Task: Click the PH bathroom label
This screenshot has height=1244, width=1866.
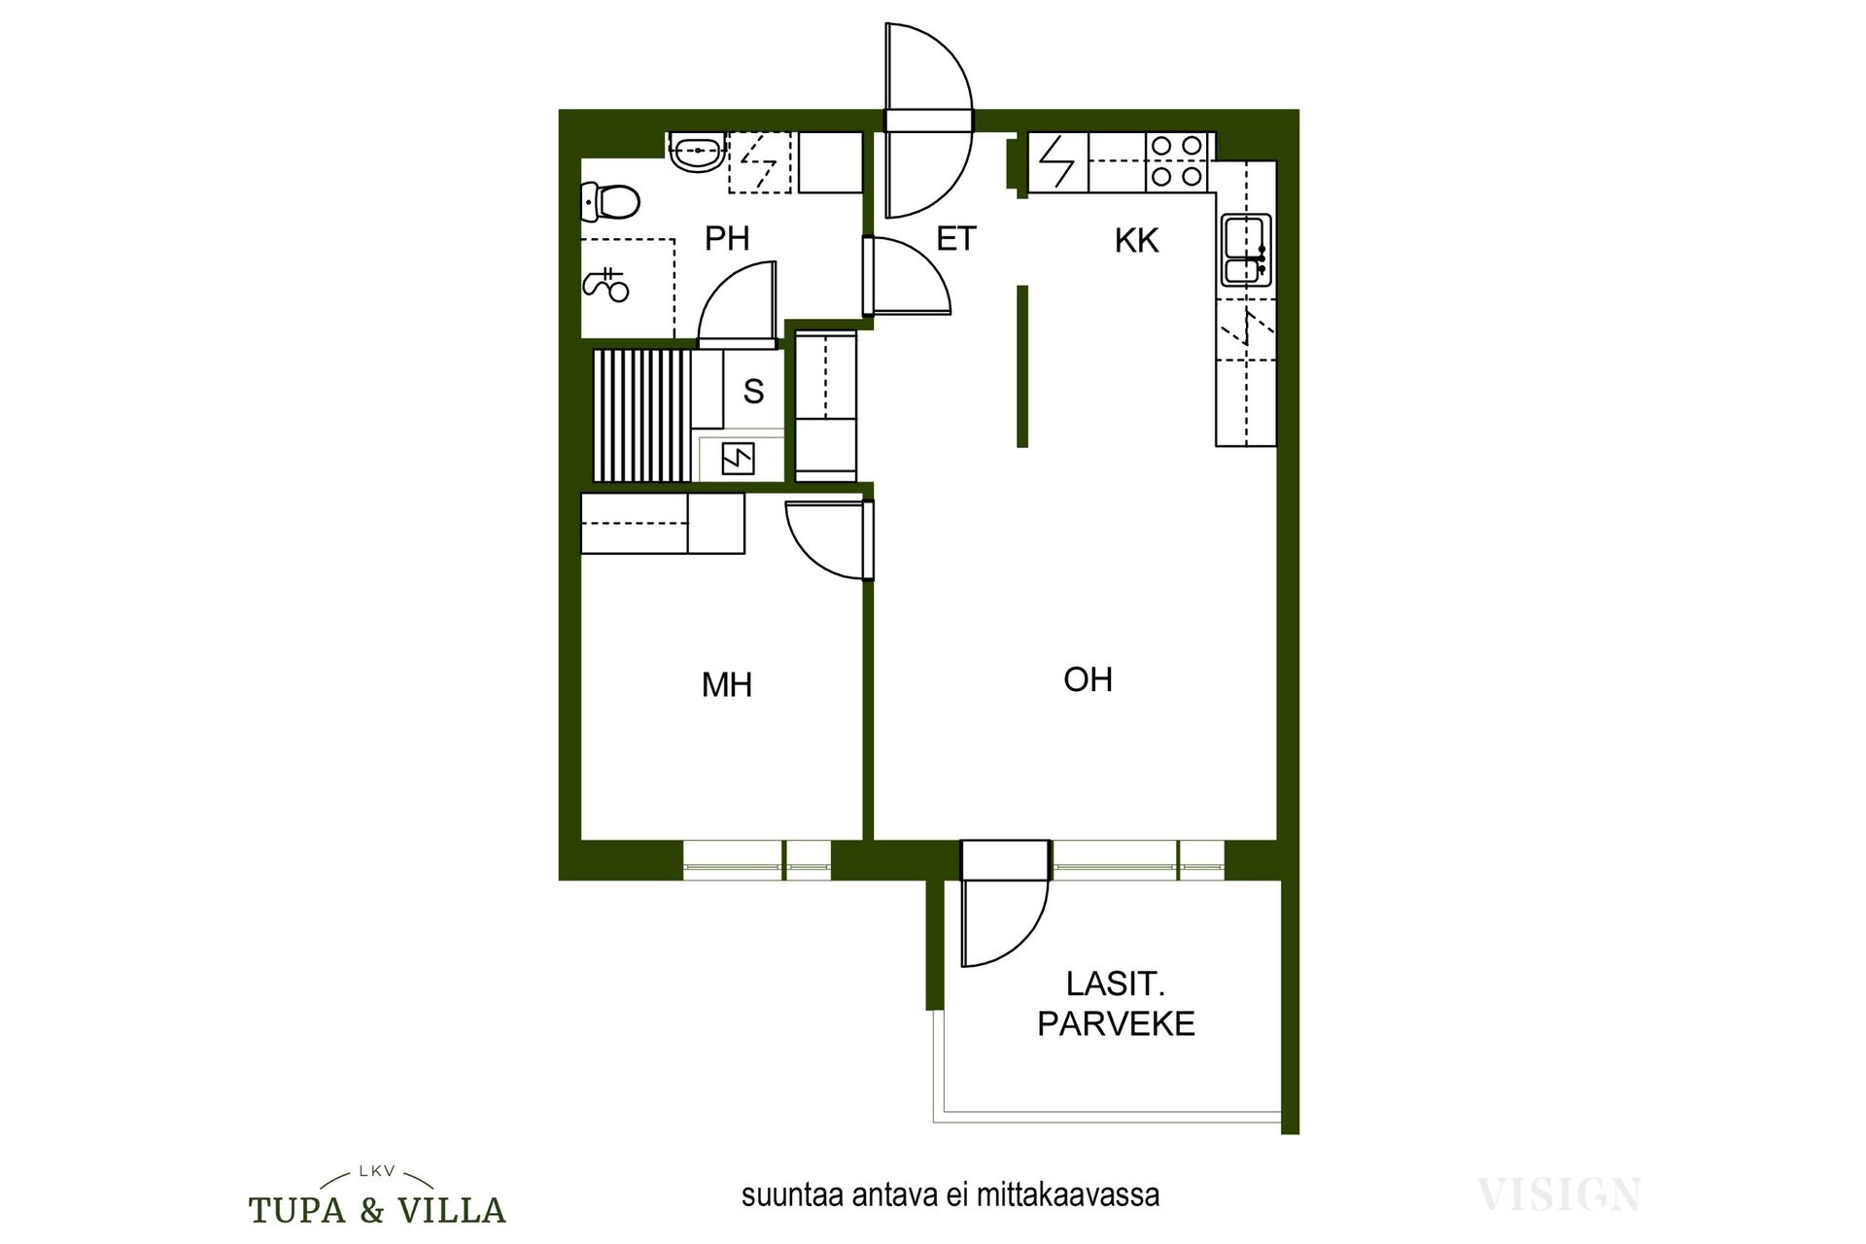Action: pos(727,238)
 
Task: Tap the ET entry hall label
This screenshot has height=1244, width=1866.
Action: pos(955,239)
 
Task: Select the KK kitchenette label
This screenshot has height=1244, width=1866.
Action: pos(1136,240)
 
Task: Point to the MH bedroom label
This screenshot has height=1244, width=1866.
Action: pos(727,685)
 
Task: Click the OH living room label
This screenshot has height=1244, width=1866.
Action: pos(1088,679)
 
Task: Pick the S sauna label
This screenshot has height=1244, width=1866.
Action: pos(753,392)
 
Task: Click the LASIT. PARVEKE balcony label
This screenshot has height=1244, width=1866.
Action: pos(1116,1004)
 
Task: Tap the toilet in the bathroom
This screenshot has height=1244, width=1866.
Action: pos(610,202)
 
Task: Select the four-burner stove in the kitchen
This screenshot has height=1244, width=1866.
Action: pos(1177,161)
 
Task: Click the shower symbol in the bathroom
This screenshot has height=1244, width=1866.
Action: pos(606,284)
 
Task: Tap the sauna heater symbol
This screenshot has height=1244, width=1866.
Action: pos(739,459)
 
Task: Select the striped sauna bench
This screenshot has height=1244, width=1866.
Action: pos(641,416)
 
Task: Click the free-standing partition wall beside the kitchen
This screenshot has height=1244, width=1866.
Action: pos(1022,366)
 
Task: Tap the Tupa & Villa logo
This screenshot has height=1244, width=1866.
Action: pos(377,1197)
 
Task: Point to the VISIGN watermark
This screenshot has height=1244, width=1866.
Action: pos(1559,1193)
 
